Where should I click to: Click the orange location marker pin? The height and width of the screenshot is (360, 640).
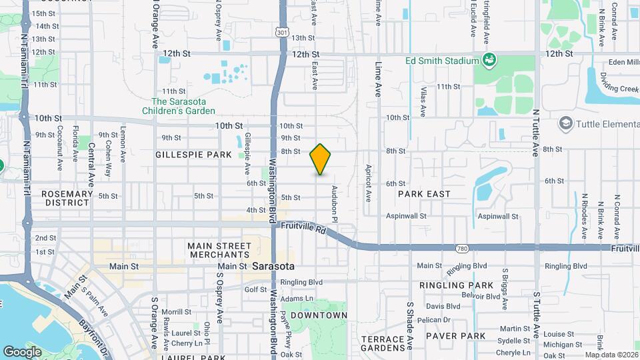click(x=321, y=159)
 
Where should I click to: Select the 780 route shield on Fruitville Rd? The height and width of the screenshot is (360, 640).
click(x=461, y=248)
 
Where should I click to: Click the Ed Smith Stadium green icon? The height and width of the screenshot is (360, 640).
click(x=489, y=60)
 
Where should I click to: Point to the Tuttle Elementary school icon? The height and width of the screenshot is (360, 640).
click(x=566, y=123)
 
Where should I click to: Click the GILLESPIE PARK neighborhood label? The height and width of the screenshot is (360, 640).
click(x=193, y=155)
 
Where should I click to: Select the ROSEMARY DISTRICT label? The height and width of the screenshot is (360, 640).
click(x=67, y=198)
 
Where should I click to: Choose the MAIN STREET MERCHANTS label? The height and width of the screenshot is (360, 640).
click(x=219, y=250)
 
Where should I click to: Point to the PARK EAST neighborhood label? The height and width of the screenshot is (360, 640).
click(x=424, y=194)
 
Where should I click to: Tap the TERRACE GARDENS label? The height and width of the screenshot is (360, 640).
click(x=383, y=343)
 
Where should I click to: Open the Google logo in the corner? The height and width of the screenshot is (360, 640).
click(x=23, y=351)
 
